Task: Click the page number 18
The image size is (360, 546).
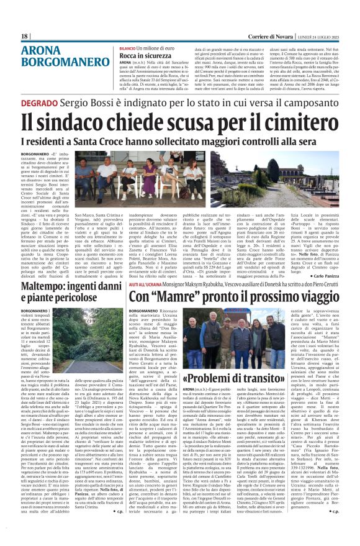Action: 25,36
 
